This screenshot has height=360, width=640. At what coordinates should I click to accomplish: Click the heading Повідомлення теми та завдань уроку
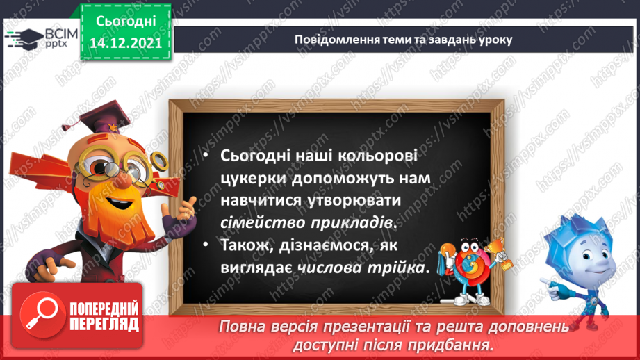[403, 39]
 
